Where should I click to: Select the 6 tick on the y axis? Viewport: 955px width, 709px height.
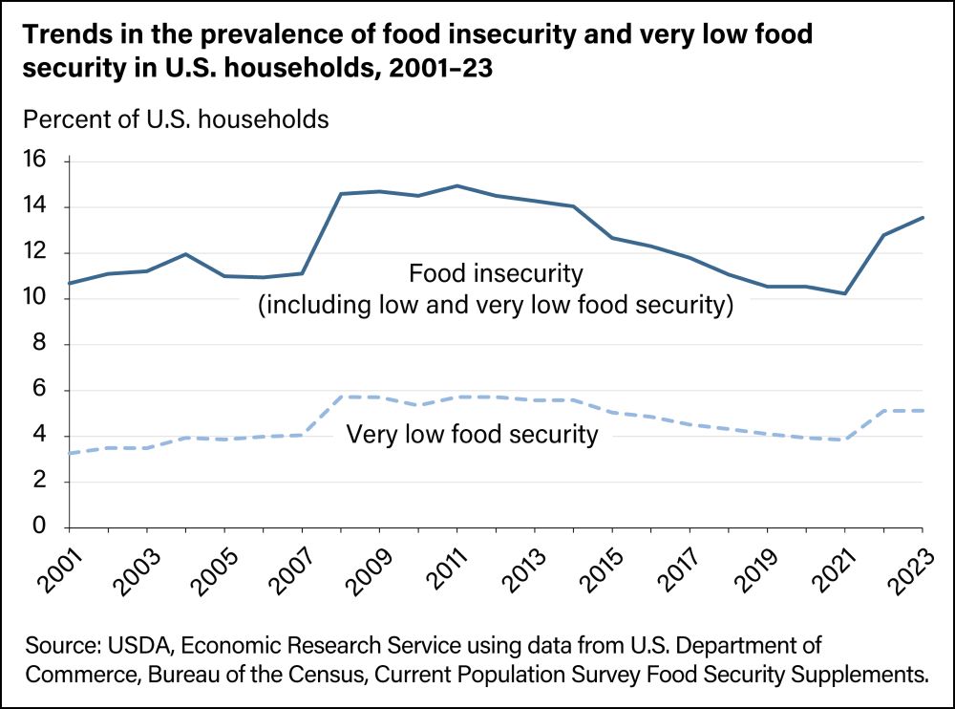[40, 390]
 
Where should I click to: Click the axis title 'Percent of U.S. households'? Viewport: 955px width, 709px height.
[176, 120]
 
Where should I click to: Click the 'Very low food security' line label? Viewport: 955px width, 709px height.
[472, 436]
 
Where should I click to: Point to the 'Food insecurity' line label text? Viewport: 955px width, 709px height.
[496, 274]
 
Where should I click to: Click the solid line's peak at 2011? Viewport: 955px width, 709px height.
[456, 185]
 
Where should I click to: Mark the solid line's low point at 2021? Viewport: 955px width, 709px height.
[845, 293]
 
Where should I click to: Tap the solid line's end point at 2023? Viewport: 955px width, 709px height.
[923, 217]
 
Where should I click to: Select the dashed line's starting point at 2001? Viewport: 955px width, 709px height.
[69, 453]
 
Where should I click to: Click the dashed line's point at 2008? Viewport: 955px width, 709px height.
[341, 397]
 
